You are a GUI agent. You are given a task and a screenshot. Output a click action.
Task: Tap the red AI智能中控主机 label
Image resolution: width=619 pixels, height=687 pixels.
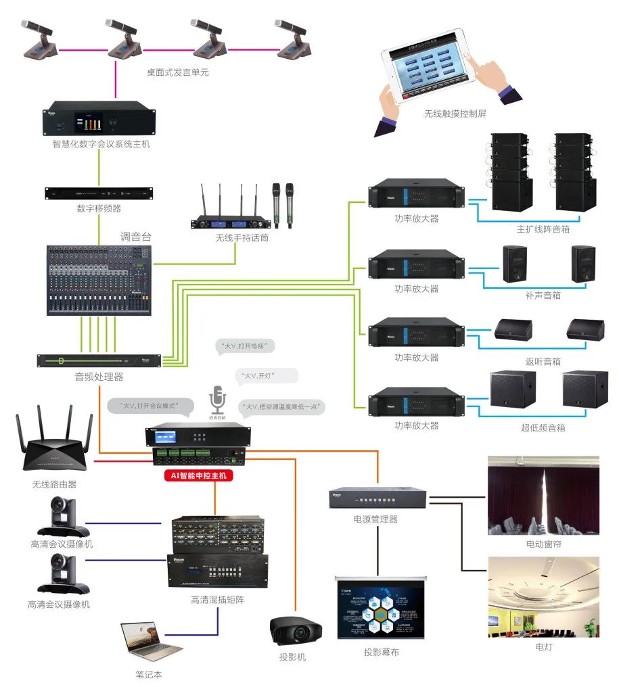click(199, 476)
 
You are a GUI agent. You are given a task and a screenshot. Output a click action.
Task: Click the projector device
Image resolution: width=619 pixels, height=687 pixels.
click(296, 631)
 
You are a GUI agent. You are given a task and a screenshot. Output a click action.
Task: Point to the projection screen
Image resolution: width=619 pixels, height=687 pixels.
click(382, 609)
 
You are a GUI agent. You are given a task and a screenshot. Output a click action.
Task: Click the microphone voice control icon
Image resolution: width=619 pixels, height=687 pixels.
click(216, 399)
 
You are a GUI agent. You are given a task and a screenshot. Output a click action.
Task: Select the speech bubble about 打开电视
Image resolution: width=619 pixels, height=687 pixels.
click(245, 348)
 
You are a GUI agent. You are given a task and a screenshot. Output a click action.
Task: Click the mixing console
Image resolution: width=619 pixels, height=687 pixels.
click(98, 278)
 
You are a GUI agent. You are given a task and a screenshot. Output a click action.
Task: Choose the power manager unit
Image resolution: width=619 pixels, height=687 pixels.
click(378, 498)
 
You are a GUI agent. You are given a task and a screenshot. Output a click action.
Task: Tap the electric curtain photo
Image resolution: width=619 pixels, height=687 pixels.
click(543, 496)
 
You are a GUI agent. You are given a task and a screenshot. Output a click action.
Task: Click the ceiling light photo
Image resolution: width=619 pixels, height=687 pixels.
click(543, 596)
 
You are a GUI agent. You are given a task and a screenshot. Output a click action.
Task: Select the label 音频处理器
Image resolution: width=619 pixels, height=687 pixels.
click(99, 377)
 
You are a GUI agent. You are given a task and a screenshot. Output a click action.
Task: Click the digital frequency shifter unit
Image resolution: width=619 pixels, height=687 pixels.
click(99, 193)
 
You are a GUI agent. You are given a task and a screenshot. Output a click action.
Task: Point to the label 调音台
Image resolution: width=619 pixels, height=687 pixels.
click(135, 237)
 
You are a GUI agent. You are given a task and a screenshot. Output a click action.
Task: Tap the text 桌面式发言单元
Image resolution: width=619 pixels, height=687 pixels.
click(178, 72)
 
